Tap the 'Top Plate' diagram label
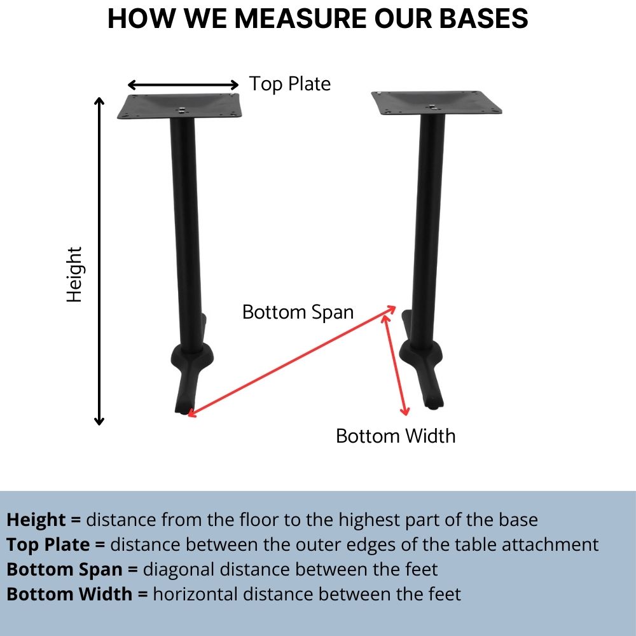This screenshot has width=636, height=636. (x=289, y=84)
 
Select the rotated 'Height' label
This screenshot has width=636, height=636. (x=75, y=275)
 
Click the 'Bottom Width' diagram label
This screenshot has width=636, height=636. (x=396, y=436)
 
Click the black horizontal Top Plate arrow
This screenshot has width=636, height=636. (x=183, y=85)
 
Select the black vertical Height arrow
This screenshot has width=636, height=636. (x=99, y=261)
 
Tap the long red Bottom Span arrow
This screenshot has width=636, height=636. (x=291, y=361)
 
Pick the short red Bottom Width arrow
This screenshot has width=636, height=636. (x=395, y=364)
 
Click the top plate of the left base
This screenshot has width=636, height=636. (x=180, y=106)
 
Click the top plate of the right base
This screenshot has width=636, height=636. (x=436, y=103)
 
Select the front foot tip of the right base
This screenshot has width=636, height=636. (x=434, y=403)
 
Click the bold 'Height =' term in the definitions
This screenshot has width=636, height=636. (x=43, y=520)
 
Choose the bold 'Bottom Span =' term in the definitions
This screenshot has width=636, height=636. (x=72, y=569)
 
